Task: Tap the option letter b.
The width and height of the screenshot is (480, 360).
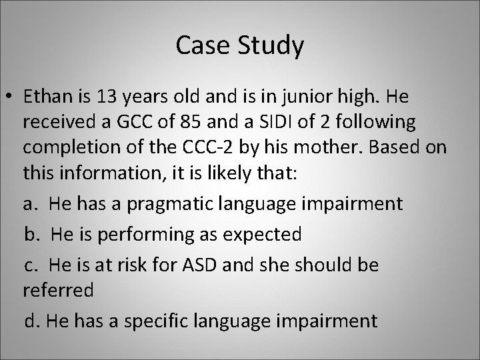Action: tap(31, 234)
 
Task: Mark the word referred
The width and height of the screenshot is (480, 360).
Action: tap(58, 291)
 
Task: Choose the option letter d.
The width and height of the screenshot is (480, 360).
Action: tap(31, 321)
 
